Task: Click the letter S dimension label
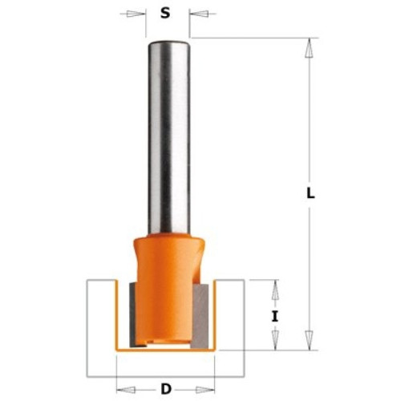click(165, 13)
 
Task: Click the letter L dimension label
click(310, 193)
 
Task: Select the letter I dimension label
click(275, 317)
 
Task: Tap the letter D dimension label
click(166, 389)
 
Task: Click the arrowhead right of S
click(199, 14)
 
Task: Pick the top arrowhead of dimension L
click(310, 48)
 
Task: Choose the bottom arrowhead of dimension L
click(310, 340)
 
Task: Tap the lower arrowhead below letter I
click(275, 340)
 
